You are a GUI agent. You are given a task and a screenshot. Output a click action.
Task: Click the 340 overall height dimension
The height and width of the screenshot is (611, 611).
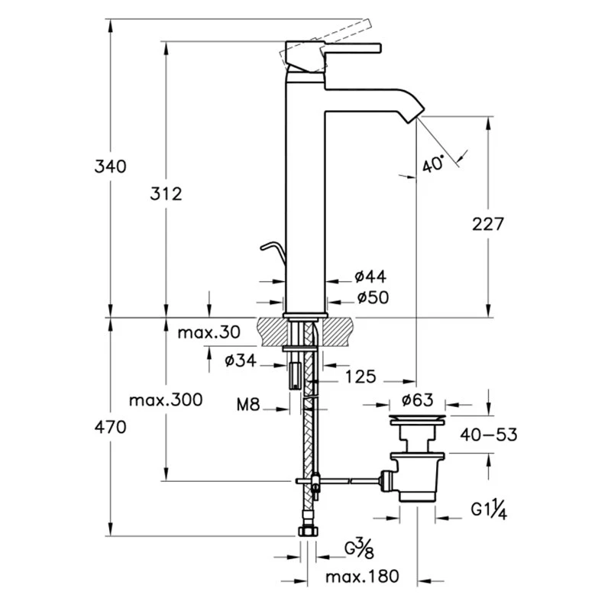coord(110,166)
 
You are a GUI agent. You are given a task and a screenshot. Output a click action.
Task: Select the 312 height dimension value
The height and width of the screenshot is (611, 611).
coord(166,194)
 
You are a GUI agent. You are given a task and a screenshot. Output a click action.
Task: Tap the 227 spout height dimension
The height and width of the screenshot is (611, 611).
coord(488,224)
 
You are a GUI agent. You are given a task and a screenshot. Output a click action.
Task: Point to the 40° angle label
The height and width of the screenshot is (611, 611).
coord(433,164)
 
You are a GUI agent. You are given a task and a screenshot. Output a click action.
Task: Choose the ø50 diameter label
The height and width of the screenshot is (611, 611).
coord(370,298)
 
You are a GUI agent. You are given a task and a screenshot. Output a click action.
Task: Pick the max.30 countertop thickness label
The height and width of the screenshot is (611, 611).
coord(209,332)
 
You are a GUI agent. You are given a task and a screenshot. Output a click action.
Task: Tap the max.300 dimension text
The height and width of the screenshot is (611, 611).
coord(166,399)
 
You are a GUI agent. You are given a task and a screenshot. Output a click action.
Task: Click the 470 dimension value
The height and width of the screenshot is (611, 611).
coord(110,428)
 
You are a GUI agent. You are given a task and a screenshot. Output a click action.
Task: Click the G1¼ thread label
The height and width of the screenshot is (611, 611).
coord(489,509)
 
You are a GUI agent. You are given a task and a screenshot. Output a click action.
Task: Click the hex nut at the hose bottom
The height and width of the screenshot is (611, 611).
coord(306,532)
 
